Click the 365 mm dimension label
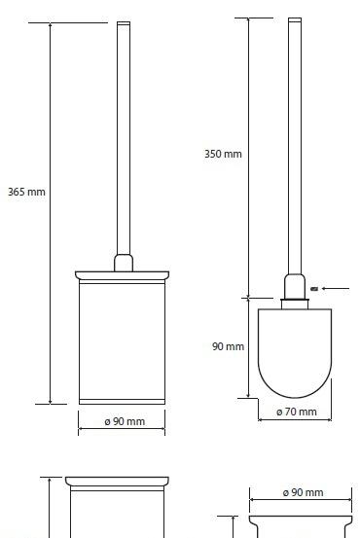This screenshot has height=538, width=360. click(x=26, y=192)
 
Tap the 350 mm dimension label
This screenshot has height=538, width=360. click(x=223, y=154)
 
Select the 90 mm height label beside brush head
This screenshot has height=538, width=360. click(x=228, y=346)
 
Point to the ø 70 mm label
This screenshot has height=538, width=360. click(x=297, y=412)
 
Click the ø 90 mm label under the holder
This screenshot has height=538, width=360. click(x=125, y=421)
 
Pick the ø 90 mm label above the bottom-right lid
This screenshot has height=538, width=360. click(x=303, y=492)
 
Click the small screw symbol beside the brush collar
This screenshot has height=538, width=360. click(x=314, y=289)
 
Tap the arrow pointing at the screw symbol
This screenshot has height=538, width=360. click(x=336, y=289)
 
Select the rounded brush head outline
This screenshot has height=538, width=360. click(x=295, y=398)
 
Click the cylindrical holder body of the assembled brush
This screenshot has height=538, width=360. click(x=122, y=341)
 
